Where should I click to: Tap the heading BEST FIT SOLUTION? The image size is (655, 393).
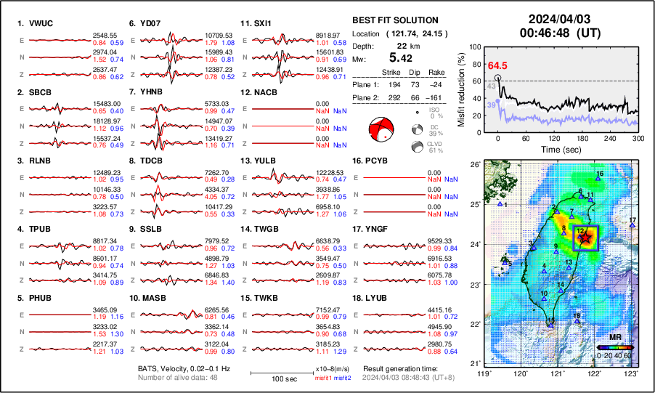tap(394, 20)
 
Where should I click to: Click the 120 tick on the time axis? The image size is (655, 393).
tap(554, 138)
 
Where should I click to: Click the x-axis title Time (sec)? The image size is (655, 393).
tap(555, 149)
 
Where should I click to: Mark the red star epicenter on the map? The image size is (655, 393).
tap(585, 238)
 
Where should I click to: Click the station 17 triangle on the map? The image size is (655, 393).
tap(632, 226)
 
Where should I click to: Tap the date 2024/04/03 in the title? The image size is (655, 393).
tap(559, 19)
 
